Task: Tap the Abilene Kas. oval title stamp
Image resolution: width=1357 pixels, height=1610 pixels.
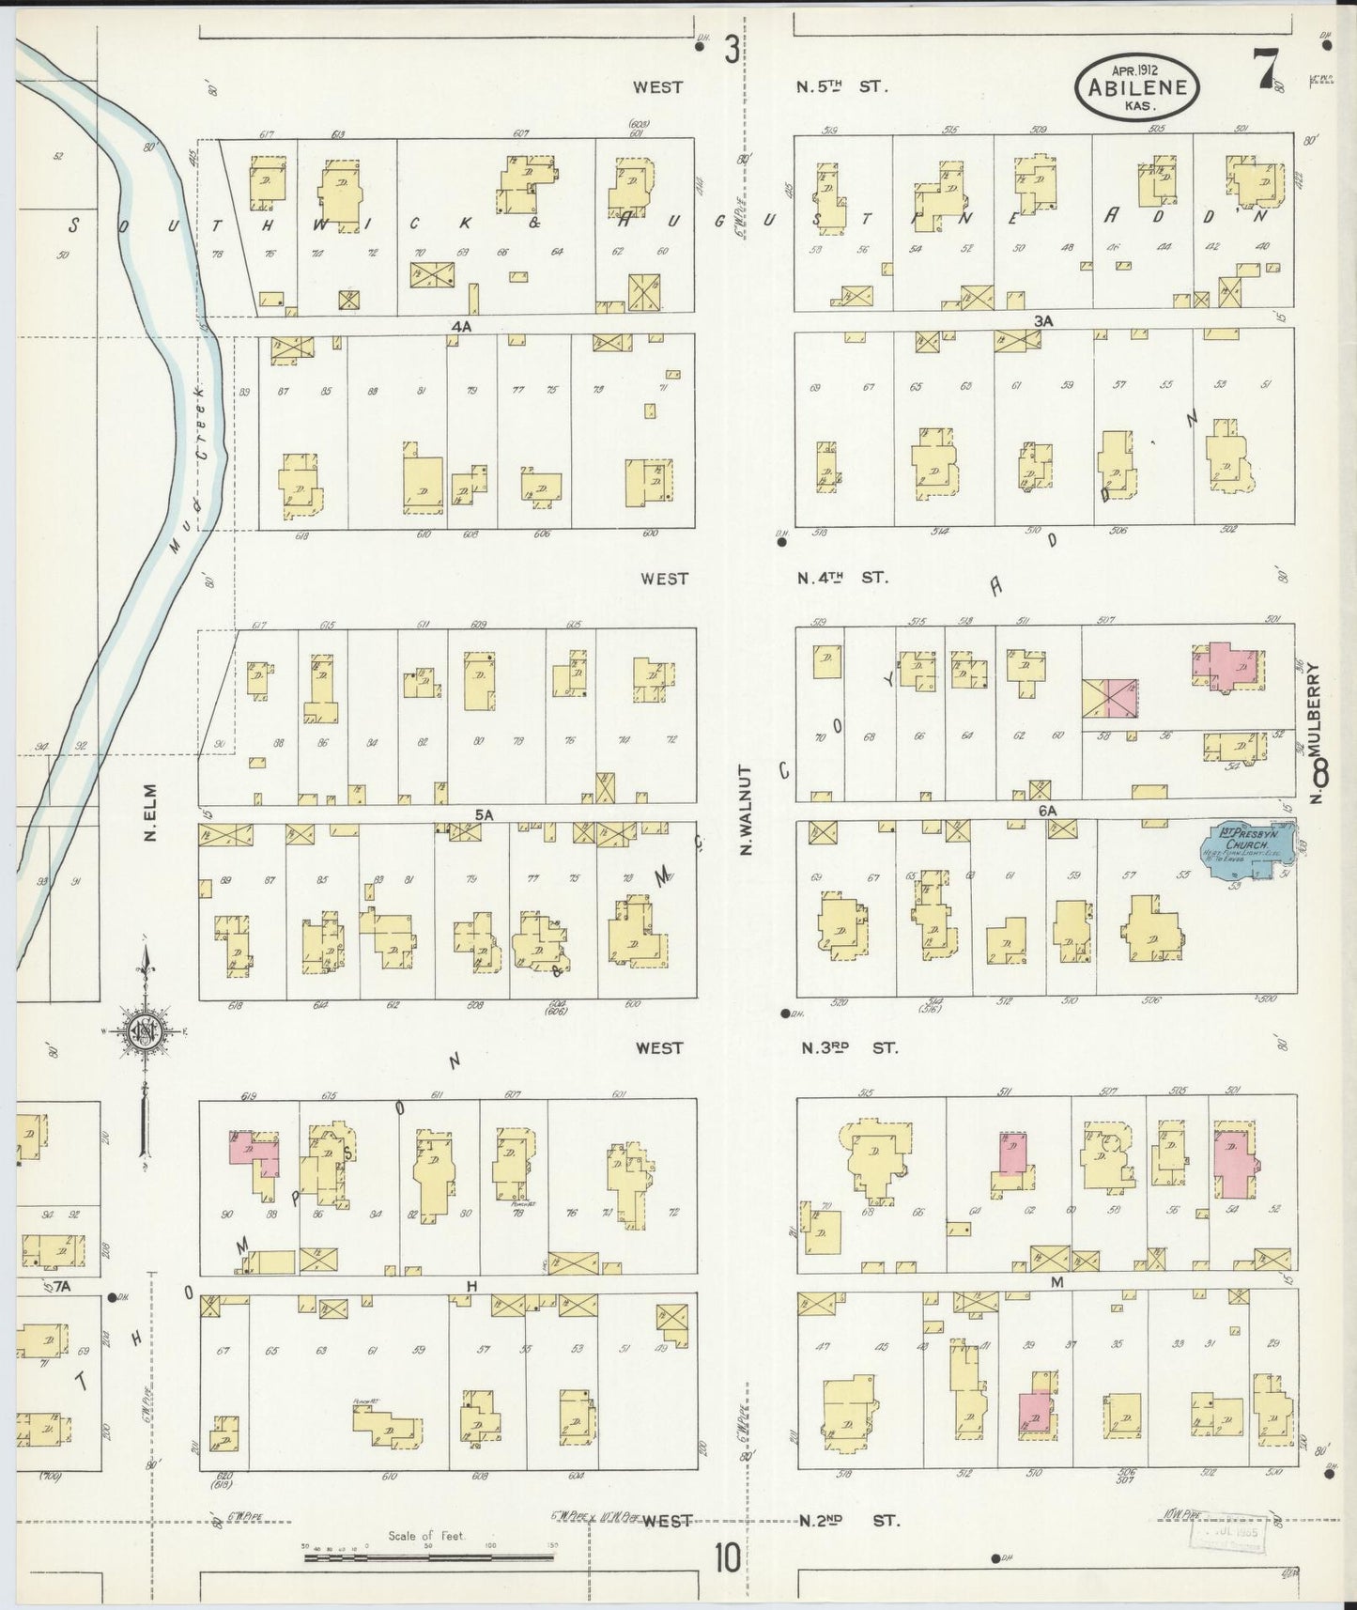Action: coord(1137,86)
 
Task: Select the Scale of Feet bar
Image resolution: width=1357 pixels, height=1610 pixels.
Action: coord(428,1558)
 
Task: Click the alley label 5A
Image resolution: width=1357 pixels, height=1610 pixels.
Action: coord(484,815)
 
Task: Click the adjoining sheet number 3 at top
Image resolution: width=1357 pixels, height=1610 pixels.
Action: coord(731,49)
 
